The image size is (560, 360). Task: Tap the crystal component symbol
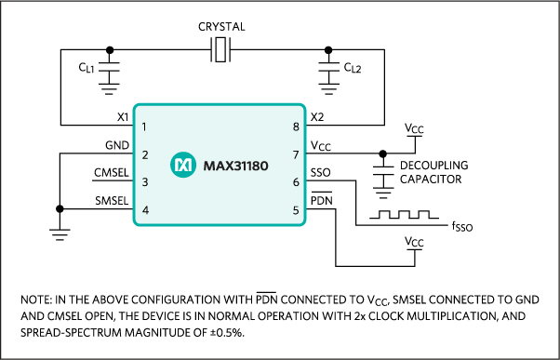220,51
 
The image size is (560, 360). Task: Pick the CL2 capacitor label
352,67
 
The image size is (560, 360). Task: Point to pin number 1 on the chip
145,126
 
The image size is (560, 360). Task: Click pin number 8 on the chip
296,126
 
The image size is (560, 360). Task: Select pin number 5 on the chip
296,209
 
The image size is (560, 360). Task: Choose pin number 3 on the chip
145,182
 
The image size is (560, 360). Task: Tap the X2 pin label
317,118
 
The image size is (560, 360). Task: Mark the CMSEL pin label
111,173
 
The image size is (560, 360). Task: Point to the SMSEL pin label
111,201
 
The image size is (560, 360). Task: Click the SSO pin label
320,173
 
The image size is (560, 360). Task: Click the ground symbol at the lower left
59,234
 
